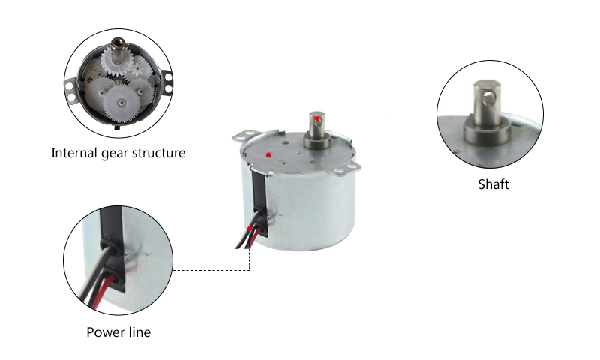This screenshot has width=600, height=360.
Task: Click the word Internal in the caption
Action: (74, 153)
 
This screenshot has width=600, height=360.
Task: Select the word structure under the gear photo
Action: (158, 153)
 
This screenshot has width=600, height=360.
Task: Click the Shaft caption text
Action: (493, 184)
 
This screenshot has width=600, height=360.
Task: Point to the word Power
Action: (103, 332)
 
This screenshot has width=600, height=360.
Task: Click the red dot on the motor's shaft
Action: (317, 118)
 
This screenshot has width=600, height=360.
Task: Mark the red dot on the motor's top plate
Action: (268, 155)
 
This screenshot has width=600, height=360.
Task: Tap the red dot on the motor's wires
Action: (250, 229)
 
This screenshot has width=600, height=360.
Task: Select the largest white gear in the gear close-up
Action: (121, 103)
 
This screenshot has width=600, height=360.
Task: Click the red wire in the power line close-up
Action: (103, 291)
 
